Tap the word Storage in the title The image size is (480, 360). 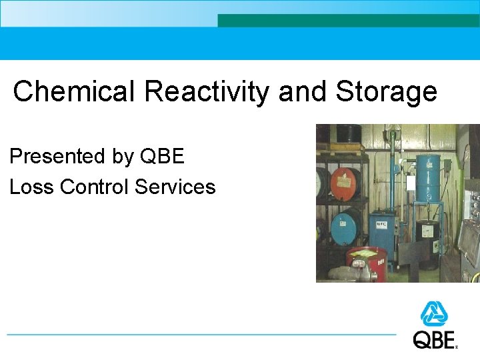tap(386, 92)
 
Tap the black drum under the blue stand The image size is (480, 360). tap(427, 237)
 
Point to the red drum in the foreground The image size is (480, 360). tap(367, 263)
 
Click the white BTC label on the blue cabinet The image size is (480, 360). tap(381, 224)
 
